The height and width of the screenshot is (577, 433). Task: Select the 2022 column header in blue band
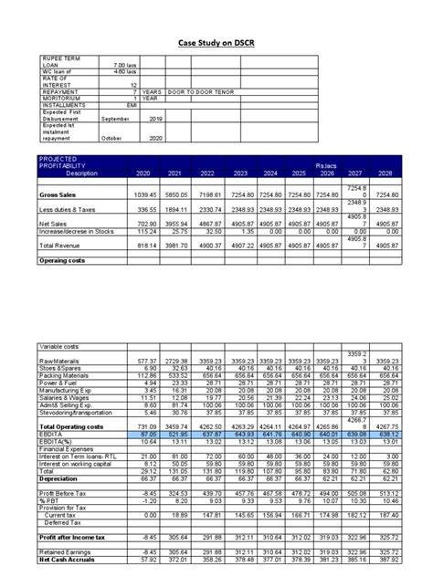[x=207, y=173]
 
